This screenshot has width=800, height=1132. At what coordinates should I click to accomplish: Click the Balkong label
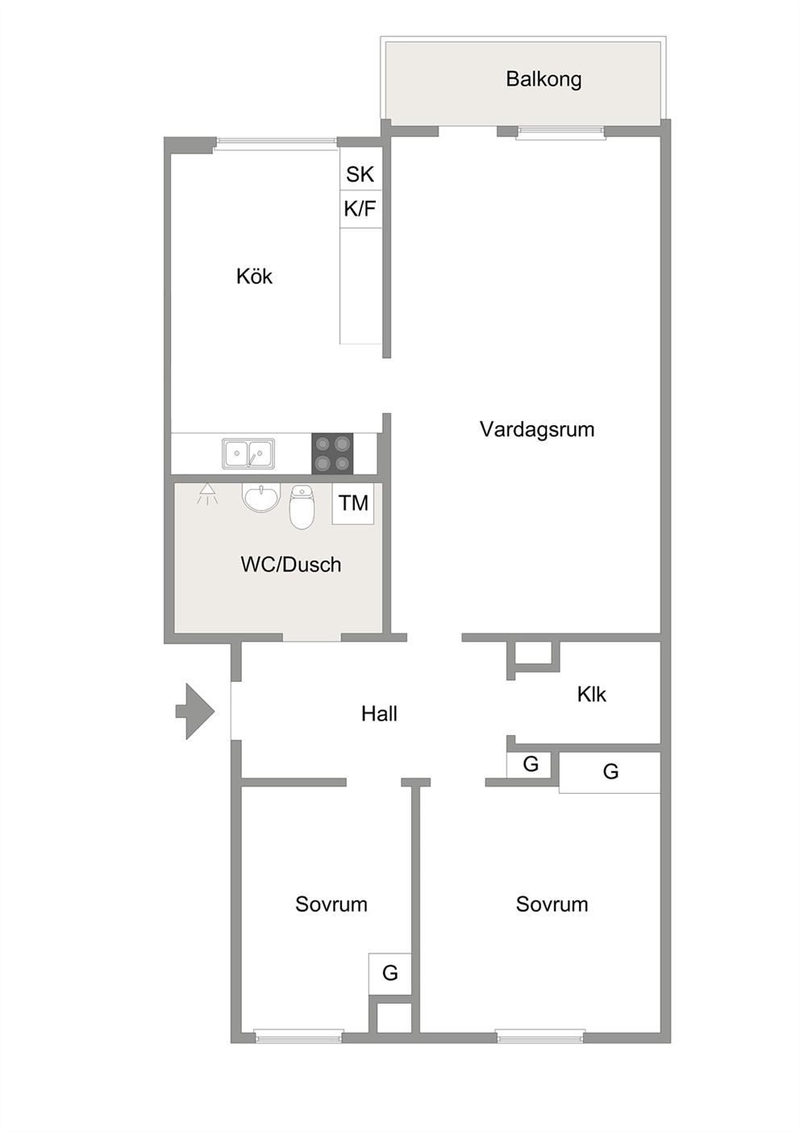(544, 79)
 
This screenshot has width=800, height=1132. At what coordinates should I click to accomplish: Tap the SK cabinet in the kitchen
(360, 169)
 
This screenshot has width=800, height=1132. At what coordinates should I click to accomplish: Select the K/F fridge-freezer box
(360, 209)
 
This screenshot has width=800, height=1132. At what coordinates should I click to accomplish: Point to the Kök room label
(254, 277)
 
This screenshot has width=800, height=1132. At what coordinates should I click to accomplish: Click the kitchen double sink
(248, 453)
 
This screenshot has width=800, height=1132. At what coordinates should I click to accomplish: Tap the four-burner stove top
(332, 453)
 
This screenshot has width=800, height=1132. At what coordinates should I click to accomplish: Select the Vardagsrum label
(537, 429)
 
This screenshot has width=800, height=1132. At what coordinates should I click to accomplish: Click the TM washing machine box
(353, 503)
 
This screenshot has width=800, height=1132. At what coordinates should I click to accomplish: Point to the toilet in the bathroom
(302, 507)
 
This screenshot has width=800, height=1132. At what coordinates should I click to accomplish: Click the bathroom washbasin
(261, 498)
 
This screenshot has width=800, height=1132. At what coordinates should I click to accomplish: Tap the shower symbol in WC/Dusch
(207, 493)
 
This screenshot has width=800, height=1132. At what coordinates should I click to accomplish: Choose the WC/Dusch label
(291, 565)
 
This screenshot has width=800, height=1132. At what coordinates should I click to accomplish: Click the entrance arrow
(195, 712)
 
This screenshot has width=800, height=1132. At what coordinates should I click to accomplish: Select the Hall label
(379, 714)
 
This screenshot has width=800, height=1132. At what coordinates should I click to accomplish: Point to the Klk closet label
(591, 695)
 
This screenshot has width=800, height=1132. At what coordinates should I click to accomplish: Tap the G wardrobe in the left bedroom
(390, 973)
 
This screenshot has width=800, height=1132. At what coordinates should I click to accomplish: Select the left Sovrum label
(331, 904)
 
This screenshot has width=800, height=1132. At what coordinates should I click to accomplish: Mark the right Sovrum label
(552, 904)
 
